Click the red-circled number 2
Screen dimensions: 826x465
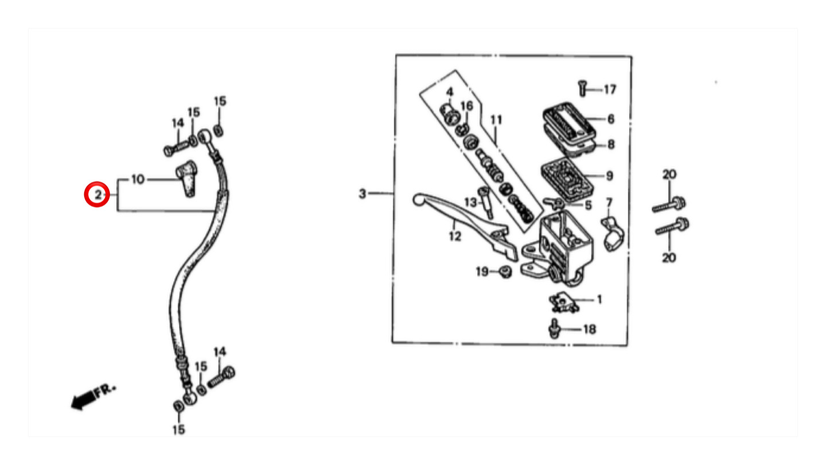coord(98,195)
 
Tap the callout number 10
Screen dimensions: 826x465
coord(138,179)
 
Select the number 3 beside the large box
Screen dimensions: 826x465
coord(363,193)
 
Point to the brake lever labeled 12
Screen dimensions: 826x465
coord(465,223)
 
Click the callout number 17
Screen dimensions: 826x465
coord(610,90)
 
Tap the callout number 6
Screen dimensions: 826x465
coord(611,119)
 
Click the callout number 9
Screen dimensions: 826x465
coord(610,176)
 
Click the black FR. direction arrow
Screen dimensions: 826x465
coord(84,400)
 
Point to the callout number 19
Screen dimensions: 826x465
coord(482,272)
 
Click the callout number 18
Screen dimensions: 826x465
coord(589,329)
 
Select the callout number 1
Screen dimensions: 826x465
coord(599,299)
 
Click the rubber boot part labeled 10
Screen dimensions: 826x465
coord(187,179)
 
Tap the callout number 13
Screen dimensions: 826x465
coord(470,202)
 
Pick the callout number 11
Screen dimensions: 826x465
coord(496,119)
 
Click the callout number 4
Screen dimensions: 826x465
coord(450,91)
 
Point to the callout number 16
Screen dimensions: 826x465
coord(466,106)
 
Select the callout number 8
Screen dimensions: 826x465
coord(611,144)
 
